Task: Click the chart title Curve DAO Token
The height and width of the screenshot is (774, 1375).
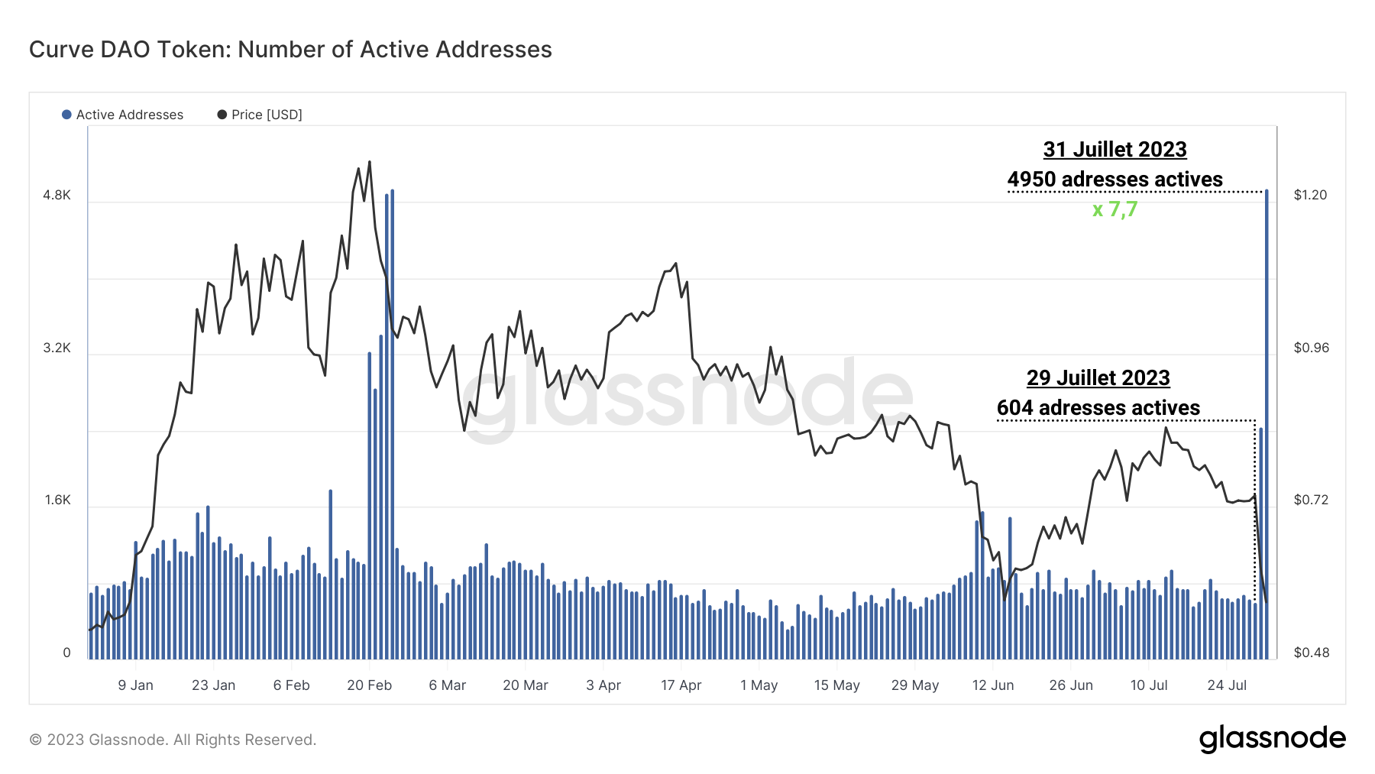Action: click(x=290, y=50)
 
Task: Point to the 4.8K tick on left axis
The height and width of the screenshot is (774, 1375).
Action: click(x=57, y=195)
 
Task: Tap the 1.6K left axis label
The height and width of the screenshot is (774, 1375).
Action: click(x=57, y=500)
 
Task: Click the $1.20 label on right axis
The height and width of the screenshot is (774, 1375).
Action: click(x=1310, y=195)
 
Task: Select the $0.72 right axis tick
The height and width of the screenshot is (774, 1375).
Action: click(x=1310, y=500)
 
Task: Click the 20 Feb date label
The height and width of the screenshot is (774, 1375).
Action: click(x=369, y=685)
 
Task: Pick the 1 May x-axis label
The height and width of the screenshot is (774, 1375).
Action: click(x=759, y=685)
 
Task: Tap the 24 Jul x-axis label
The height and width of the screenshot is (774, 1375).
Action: click(x=1227, y=685)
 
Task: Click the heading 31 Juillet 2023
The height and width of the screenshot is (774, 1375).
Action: click(x=1115, y=149)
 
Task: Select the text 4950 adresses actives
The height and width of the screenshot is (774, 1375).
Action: click(x=1115, y=180)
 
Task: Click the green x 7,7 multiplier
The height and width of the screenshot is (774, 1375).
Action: click(x=1115, y=209)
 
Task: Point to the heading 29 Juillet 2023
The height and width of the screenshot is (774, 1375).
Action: click(x=1098, y=377)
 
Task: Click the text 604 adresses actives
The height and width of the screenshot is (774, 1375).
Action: click(x=1098, y=408)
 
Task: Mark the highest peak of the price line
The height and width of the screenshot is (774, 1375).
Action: click(x=370, y=162)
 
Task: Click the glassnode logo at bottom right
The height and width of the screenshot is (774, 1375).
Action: click(x=1272, y=739)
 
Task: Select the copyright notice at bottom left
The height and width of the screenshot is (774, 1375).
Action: click(x=173, y=740)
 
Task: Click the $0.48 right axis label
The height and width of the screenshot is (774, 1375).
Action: click(x=1311, y=653)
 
